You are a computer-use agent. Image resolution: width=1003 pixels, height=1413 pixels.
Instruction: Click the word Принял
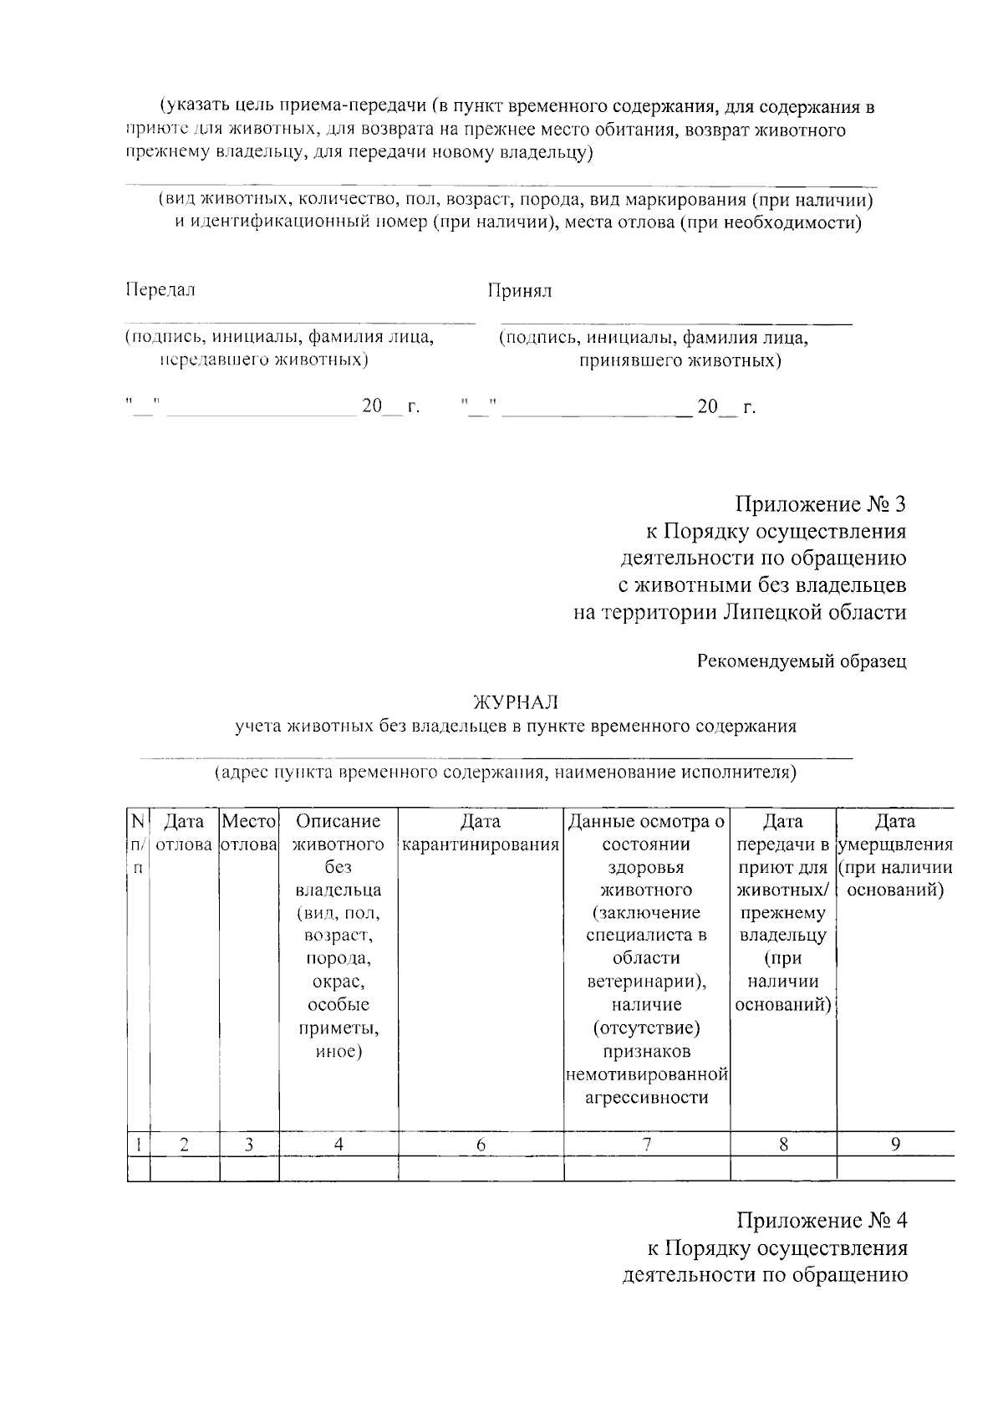tap(520, 291)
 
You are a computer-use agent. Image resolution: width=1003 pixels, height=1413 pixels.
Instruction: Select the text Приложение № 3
tap(820, 505)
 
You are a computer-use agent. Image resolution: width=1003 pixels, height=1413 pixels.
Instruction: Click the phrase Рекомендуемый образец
tap(802, 661)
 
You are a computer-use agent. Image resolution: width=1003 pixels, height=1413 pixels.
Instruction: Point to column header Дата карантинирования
tap(481, 833)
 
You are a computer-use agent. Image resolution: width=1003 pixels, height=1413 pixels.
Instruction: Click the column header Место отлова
tap(249, 833)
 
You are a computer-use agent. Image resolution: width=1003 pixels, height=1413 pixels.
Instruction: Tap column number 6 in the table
tap(481, 1145)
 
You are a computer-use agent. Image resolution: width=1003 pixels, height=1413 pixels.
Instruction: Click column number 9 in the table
tap(894, 1144)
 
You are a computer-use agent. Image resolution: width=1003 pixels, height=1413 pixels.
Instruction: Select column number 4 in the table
tap(339, 1145)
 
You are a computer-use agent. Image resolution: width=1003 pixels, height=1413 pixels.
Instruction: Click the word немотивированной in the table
tap(647, 1074)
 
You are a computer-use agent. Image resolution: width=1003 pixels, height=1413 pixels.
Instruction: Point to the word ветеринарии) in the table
tap(647, 982)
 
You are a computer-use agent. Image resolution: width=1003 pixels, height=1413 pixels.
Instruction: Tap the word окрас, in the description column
tap(339, 982)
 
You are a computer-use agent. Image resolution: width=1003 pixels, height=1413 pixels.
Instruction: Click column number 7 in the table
tap(647, 1145)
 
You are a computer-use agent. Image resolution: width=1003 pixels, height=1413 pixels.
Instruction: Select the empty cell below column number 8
tap(783, 1168)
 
